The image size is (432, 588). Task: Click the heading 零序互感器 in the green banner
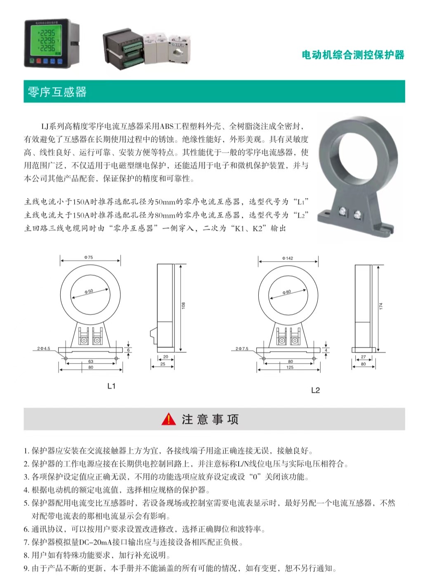point(57,92)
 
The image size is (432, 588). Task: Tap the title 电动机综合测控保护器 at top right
point(353,55)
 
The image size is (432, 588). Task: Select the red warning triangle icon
point(169,420)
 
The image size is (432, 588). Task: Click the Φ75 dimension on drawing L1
point(89,257)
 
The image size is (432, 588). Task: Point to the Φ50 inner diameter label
point(89,291)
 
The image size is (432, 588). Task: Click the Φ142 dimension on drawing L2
point(288,258)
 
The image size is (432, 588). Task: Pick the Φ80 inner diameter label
point(287,292)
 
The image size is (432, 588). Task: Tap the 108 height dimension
point(184,305)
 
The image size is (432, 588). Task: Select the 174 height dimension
point(381,306)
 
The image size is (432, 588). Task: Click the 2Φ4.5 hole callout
point(43,349)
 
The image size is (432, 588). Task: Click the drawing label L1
point(111,386)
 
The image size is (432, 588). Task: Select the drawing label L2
point(315,390)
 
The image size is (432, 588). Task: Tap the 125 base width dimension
point(290,367)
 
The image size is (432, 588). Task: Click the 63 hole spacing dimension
point(91,361)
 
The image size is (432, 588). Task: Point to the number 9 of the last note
point(26,569)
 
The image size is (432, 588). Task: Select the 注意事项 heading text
point(210,420)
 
